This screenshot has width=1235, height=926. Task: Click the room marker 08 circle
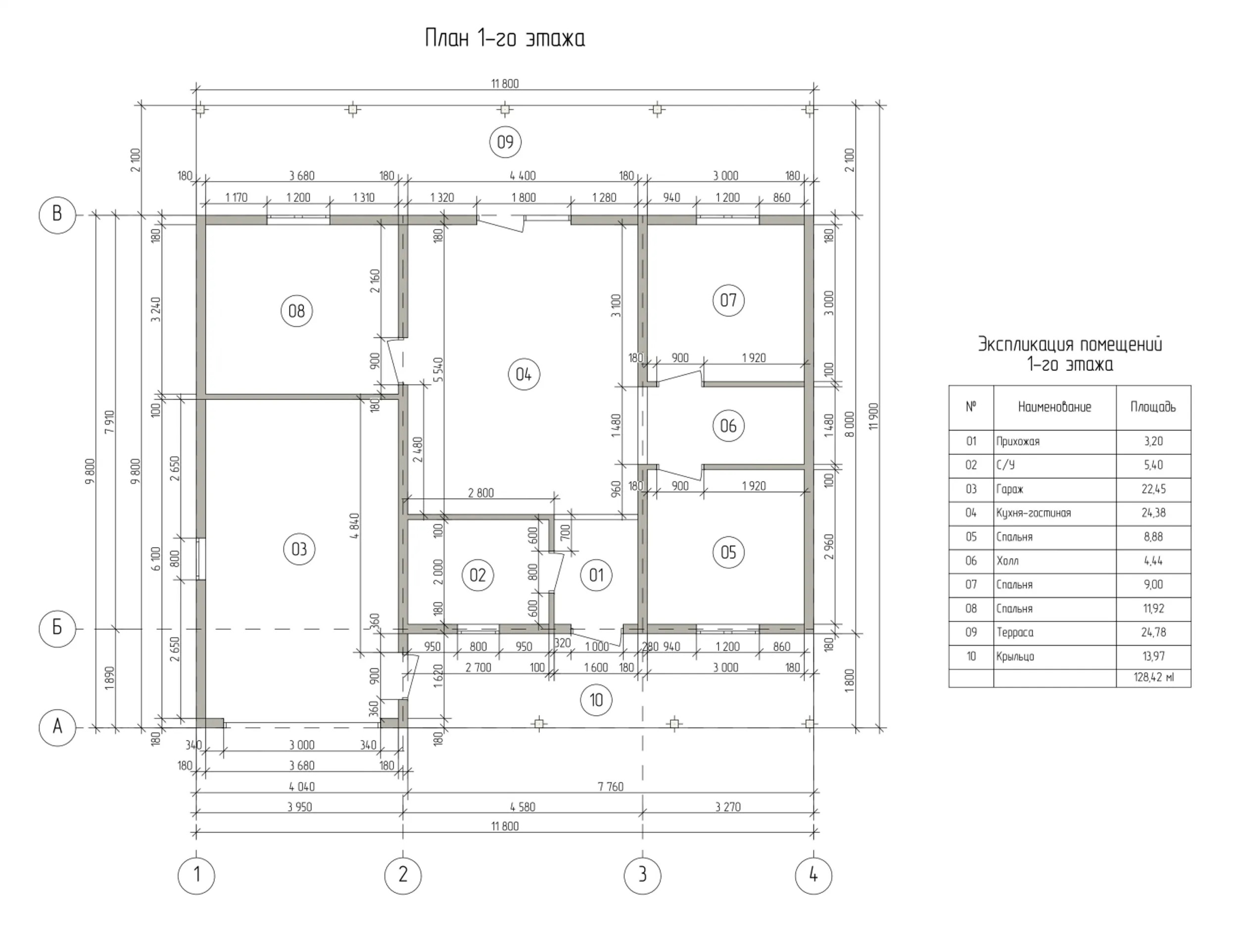[x=296, y=311]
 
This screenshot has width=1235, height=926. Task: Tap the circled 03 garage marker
[x=299, y=549]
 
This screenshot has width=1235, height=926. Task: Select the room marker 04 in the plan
[x=523, y=374]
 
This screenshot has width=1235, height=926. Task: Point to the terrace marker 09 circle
[x=505, y=142]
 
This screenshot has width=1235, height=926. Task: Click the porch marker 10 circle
[x=596, y=700]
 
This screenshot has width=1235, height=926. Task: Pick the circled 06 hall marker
[x=729, y=426]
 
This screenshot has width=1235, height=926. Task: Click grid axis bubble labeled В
[x=57, y=215]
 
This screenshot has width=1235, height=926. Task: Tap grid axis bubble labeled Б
[x=57, y=629]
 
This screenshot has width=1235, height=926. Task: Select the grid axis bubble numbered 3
[x=643, y=875]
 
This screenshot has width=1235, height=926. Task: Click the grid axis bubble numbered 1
[x=196, y=875]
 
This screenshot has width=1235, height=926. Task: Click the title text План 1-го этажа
[x=505, y=39]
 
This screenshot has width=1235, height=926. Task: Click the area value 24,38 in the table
[x=1153, y=513]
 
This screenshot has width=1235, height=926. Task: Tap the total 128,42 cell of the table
[x=1153, y=678]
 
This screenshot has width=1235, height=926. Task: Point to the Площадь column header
[x=1153, y=408]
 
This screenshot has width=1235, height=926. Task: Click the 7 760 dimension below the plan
[x=611, y=787]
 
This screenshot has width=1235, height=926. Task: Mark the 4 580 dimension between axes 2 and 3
[x=522, y=807]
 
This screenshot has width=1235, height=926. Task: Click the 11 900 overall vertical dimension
[x=874, y=417]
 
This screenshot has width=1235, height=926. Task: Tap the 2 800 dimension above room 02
[x=481, y=493]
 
